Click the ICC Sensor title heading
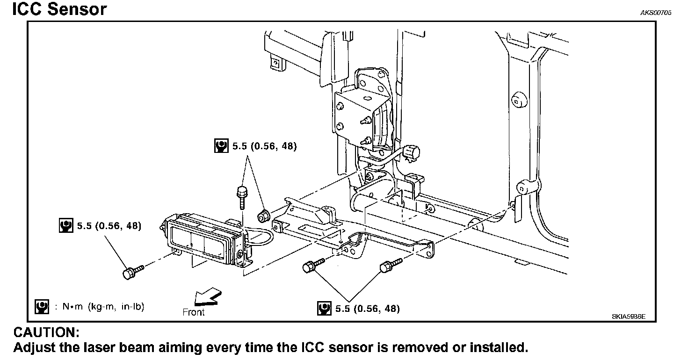pos(59,9)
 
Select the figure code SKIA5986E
pos(628,317)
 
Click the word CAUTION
pos(46,333)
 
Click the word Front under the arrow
pos(194,312)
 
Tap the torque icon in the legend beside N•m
pos(42,307)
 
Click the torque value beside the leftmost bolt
pos(109,226)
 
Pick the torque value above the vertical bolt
pos(264,146)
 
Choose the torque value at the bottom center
pos(367,309)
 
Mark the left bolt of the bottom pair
pos(310,266)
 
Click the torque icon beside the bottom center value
pos(324,309)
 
